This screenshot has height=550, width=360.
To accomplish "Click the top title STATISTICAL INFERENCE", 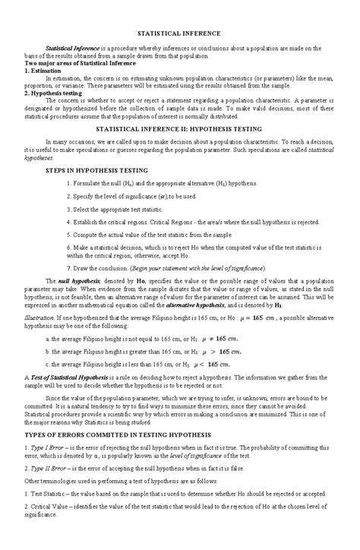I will pos(179,34).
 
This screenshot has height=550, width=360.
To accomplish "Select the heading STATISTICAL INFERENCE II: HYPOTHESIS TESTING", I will pos(179,129).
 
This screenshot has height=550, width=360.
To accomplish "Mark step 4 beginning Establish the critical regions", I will pos(197,222).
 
